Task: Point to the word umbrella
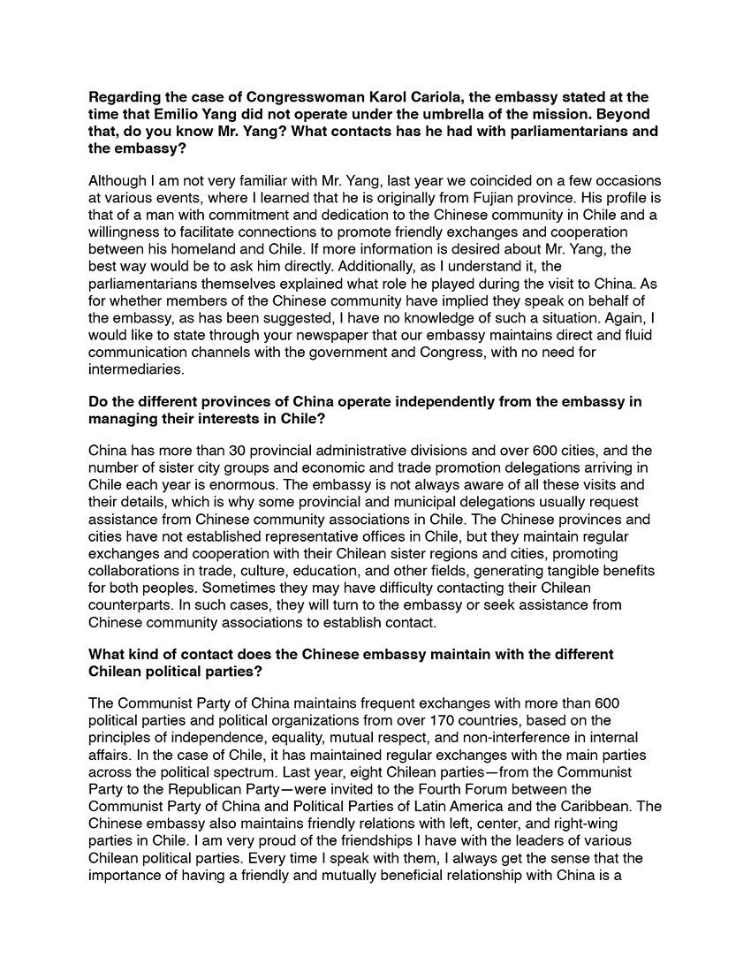click(482, 114)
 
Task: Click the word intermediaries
click(130, 368)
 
